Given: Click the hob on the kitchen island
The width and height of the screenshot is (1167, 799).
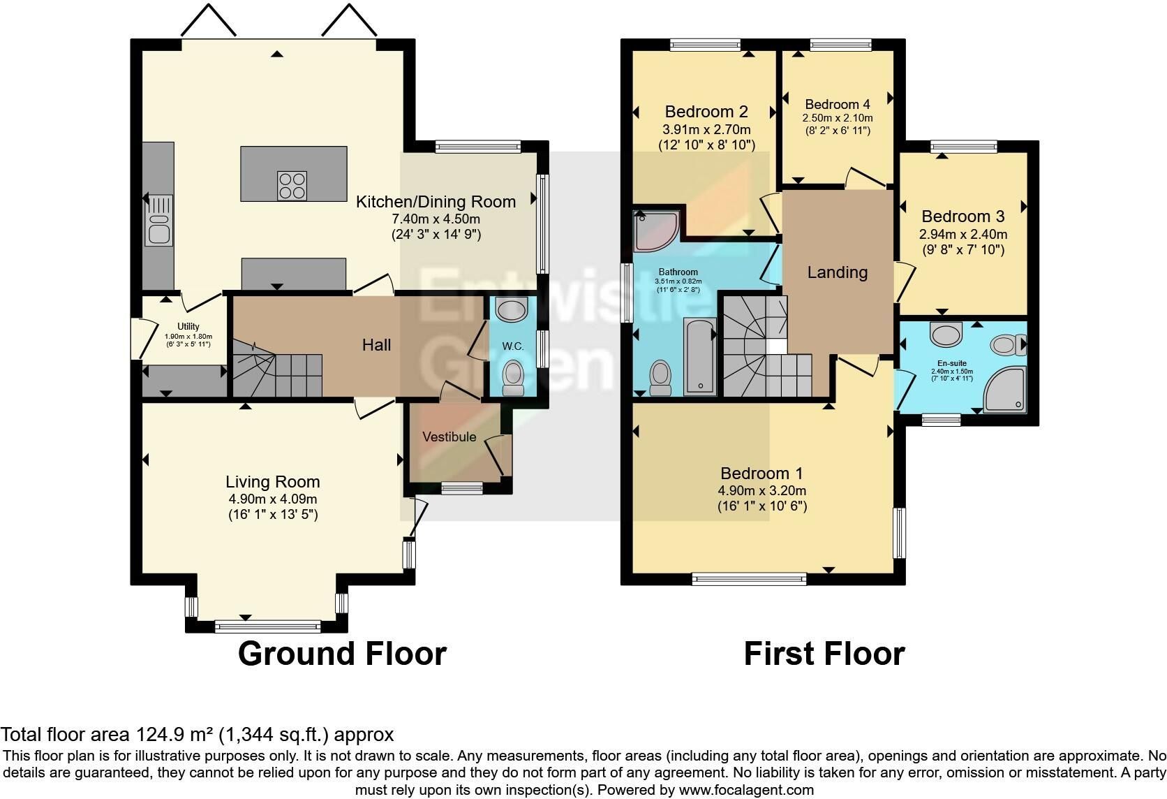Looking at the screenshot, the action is click(x=292, y=186).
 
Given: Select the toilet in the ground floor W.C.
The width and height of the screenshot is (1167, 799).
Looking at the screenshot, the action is click(x=513, y=379).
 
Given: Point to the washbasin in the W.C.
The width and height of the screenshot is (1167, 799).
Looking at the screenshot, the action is click(x=512, y=309).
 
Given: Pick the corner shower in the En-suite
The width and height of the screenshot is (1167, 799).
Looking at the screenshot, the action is click(x=1004, y=390).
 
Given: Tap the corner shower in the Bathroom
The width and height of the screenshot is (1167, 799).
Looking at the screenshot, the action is click(x=656, y=231).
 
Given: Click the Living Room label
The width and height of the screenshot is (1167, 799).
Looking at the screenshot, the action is click(x=272, y=482).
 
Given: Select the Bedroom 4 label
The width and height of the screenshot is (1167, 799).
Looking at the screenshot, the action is click(x=838, y=104).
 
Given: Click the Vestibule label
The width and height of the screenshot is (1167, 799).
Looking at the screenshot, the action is click(x=449, y=437).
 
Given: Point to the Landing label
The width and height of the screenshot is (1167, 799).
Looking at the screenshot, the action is click(x=838, y=272).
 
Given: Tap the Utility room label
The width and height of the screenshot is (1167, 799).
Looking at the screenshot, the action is click(x=188, y=326).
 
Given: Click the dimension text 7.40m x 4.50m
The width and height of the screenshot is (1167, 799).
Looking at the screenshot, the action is click(x=436, y=219).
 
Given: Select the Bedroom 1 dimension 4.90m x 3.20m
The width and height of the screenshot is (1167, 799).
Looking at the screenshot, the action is click(x=762, y=490).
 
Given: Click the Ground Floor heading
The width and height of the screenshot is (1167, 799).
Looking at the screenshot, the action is click(x=342, y=654).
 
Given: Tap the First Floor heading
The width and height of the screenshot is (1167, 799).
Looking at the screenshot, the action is click(x=824, y=654).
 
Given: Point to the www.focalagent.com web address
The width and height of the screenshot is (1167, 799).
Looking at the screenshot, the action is click(x=746, y=790).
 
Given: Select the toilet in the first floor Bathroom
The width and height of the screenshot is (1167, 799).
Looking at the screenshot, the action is click(x=660, y=378).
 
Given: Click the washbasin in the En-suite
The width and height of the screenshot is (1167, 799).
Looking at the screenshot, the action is click(x=946, y=334).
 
